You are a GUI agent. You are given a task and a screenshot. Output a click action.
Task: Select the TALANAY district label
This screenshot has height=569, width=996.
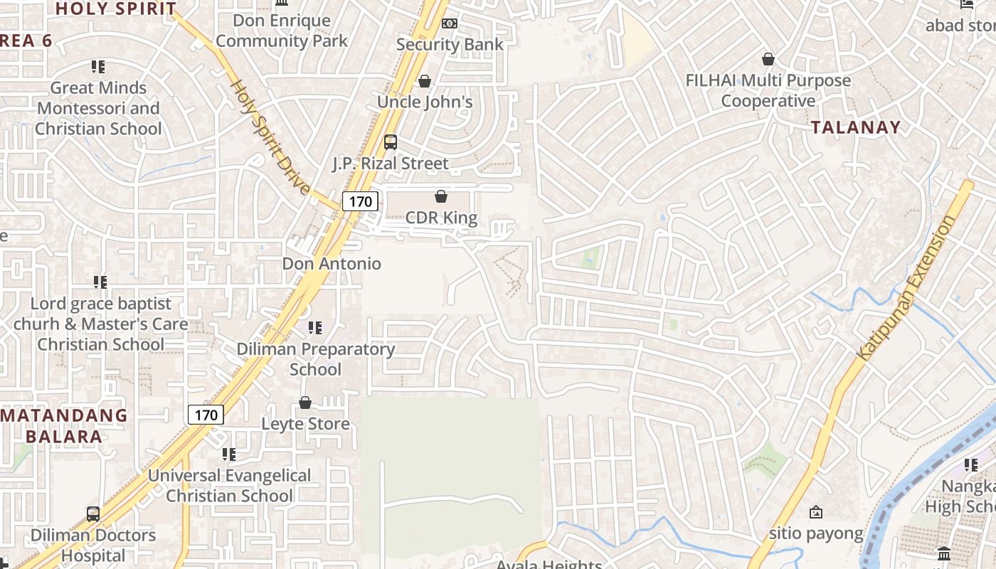coord(856,127)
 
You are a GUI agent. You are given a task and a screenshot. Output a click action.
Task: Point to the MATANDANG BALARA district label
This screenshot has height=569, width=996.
coord(64,425)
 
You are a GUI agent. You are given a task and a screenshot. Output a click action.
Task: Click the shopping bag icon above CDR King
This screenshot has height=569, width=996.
coord(441,196)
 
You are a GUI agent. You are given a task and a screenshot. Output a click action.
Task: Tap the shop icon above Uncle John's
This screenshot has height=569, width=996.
coord(425,81)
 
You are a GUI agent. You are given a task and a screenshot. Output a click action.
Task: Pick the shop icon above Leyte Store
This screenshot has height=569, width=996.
coord(305,403)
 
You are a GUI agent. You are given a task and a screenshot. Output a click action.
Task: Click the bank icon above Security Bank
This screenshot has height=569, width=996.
coord(449,23)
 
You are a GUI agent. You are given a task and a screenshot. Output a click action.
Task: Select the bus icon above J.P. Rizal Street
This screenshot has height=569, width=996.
coord(391,142)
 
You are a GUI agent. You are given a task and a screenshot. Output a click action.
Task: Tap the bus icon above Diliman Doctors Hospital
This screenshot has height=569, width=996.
coord(93,514)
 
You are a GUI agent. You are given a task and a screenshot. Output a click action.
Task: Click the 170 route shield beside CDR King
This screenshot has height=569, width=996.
coord(360,201)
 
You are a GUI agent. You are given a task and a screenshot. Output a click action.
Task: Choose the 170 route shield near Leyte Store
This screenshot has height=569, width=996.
coord(206,415)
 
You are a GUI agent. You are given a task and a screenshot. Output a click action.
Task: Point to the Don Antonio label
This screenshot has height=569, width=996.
coord(332,264)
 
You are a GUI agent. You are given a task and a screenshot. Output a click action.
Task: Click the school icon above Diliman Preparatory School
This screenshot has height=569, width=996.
coord(314,328)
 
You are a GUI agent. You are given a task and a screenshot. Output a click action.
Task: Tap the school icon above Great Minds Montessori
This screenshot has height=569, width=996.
coord(98,67)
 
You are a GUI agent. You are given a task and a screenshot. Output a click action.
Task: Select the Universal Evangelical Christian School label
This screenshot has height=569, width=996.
coord(229,486)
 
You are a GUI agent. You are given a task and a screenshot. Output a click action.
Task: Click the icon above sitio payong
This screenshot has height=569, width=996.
coord(816,511)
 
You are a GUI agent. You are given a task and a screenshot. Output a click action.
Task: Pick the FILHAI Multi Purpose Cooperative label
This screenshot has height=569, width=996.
coord(768,90)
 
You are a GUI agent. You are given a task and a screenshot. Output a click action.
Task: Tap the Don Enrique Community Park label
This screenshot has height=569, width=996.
coord(282,31)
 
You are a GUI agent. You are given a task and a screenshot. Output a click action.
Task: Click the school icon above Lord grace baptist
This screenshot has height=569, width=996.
coord(100,282)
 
